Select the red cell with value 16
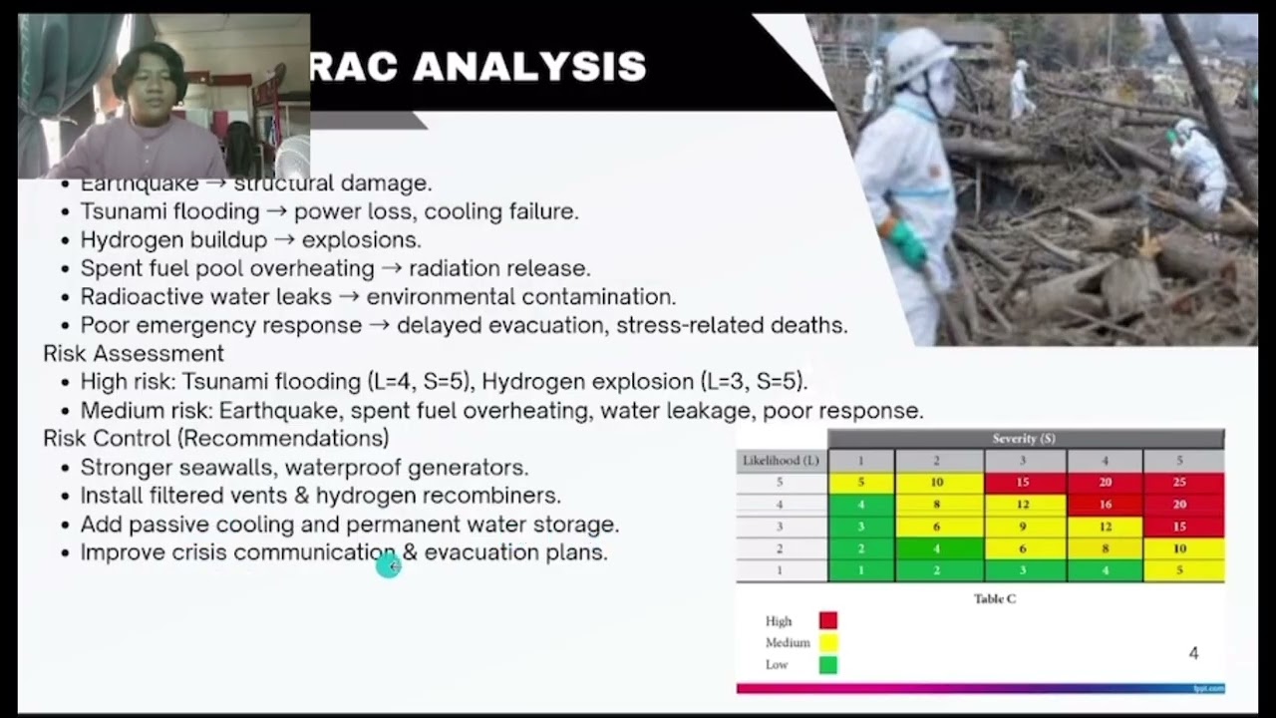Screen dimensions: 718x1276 pyautogui.click(x=1105, y=505)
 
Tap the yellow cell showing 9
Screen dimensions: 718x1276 pyautogui.click(x=1025, y=527)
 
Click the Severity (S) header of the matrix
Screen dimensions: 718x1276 pyautogui.click(x=1024, y=439)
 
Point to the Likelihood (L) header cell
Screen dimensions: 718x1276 pyautogui.click(x=782, y=461)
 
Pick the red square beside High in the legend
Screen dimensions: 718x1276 pyautogui.click(x=828, y=621)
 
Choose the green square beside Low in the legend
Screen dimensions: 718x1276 pyautogui.click(x=828, y=665)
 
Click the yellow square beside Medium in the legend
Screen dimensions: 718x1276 pyautogui.click(x=828, y=643)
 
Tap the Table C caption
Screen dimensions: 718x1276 pyautogui.click(x=995, y=599)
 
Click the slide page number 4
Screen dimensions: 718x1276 pyautogui.click(x=1193, y=654)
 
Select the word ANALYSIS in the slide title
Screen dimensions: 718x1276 pyautogui.click(x=529, y=67)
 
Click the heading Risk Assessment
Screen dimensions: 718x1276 pyautogui.click(x=134, y=354)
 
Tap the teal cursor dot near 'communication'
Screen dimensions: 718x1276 pyautogui.click(x=388, y=566)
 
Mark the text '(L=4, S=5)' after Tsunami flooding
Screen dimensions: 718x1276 pyautogui.click(x=419, y=382)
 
